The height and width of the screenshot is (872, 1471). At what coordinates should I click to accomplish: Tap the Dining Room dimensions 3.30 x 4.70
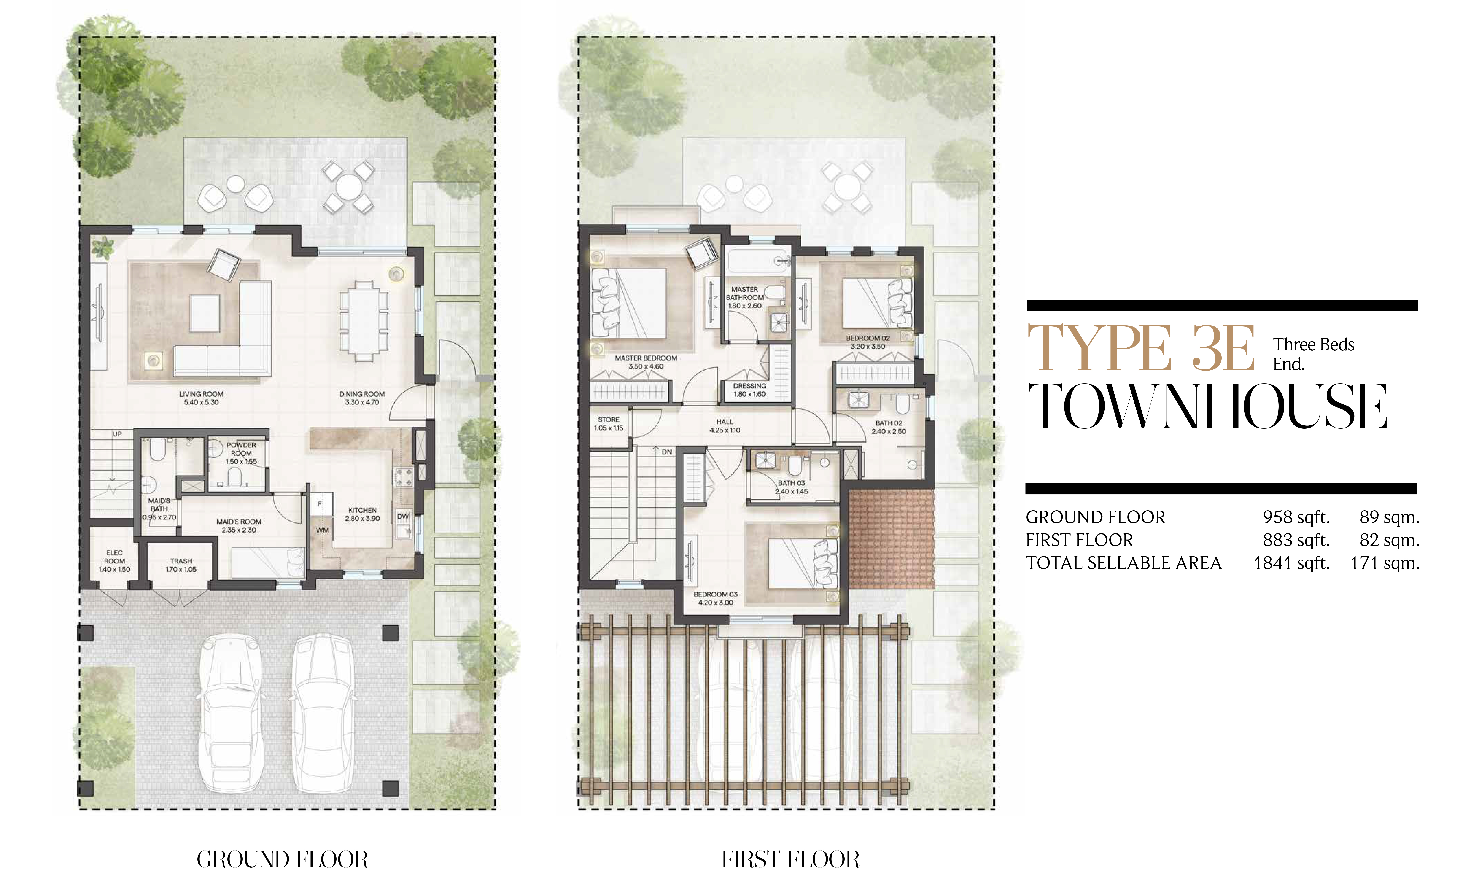coord(362,403)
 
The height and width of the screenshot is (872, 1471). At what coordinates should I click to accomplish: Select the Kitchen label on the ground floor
coord(362,510)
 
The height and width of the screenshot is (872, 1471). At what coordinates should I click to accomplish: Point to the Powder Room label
coord(241,449)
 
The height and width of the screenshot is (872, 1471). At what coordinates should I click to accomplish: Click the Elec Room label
coord(115,557)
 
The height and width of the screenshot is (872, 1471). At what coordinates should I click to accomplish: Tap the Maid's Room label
coord(239,522)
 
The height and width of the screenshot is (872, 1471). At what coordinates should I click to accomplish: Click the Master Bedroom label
coord(646,358)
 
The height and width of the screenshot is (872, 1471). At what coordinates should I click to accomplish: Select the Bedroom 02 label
coord(868,338)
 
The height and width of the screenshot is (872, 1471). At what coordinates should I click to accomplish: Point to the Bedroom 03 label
coord(716,594)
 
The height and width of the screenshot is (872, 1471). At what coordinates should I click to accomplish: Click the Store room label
coord(609,420)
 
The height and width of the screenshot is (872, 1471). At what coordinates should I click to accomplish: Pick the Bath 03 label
coord(791,483)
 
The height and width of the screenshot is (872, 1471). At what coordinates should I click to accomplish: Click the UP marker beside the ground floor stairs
coord(117,434)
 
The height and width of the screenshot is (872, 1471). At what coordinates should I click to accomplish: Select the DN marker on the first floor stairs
coord(667,452)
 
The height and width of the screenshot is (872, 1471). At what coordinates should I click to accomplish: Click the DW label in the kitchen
coord(403,517)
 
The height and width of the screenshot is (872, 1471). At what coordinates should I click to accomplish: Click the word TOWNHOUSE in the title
coord(1207,406)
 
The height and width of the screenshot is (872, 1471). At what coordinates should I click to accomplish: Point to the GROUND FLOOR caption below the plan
coord(283,859)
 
